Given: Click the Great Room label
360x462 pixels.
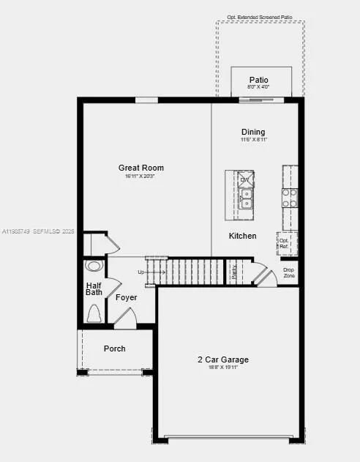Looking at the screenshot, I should coord(141,168).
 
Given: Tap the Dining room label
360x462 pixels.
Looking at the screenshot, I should coord(253,132).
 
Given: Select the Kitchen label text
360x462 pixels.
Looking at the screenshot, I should coord(243,236).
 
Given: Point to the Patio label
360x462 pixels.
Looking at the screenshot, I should coord(258,80).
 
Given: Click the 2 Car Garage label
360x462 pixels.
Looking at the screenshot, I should coord(223,359).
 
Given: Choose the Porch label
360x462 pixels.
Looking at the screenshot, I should coord(114,349).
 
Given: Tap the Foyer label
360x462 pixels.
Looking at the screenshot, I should coord(127,297).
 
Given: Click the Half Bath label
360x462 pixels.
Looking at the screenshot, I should coord(94,289).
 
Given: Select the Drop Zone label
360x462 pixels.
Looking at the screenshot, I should coord(289,272).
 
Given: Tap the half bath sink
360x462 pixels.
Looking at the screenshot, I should coord(94,266).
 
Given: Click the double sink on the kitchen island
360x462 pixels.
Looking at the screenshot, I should coord(246,198).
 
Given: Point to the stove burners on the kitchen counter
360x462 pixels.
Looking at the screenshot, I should coord(290,197).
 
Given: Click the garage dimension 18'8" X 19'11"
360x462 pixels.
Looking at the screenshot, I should coord(223,367).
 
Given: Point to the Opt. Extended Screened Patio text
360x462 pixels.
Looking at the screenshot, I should coord(259,16).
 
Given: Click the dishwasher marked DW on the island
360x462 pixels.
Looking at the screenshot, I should coord(245,179).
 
